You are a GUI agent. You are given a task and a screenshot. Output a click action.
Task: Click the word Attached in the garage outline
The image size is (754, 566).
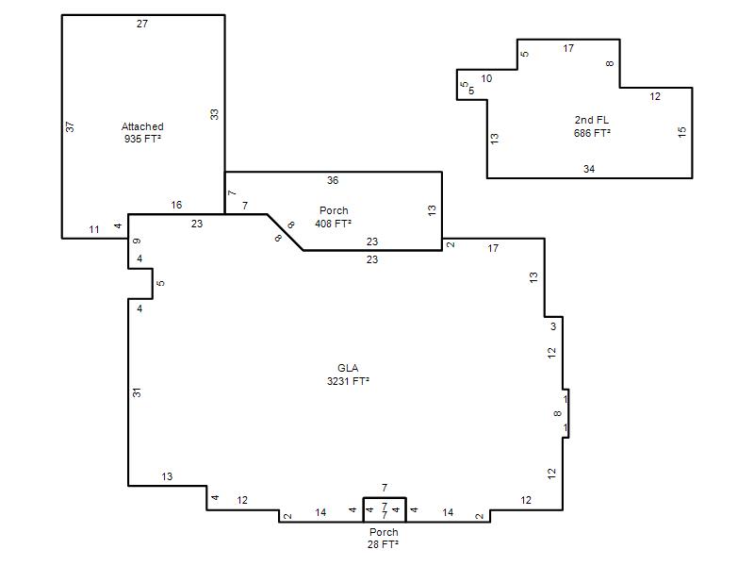[x=142, y=126]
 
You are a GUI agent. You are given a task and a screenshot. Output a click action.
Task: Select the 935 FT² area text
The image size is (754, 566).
[x=142, y=139]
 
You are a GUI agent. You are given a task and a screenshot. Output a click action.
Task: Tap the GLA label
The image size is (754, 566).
[x=348, y=368]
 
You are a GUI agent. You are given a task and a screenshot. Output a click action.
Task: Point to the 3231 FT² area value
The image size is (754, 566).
[x=348, y=381]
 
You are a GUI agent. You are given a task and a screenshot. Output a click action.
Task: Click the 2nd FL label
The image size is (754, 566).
[x=592, y=120]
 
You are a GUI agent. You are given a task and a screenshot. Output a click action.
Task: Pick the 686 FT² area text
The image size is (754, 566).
[x=592, y=133]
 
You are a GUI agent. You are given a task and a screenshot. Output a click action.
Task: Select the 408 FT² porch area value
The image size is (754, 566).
[x=334, y=224]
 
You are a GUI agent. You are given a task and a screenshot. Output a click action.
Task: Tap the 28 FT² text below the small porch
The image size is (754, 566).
[x=384, y=544]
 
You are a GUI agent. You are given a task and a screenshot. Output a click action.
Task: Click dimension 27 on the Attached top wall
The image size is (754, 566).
[x=142, y=24]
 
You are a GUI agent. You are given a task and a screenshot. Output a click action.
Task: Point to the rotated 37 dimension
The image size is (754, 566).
[x=70, y=126]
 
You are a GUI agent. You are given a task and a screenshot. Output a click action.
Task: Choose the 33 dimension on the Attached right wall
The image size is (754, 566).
[x=214, y=114]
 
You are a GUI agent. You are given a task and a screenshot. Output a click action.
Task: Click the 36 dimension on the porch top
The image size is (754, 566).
[x=333, y=180]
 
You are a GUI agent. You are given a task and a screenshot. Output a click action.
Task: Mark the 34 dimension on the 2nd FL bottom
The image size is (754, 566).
[x=589, y=169]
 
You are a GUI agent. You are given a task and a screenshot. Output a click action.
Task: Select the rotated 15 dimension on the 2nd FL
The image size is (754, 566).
[x=681, y=132]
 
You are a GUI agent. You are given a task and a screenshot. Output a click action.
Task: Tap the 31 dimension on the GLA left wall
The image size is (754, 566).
[x=137, y=392]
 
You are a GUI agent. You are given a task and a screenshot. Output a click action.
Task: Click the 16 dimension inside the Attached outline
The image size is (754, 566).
[x=176, y=205]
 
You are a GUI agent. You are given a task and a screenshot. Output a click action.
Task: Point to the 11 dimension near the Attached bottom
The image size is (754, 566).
[x=94, y=229]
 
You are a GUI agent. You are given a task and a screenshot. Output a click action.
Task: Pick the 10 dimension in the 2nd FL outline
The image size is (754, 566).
[x=486, y=78]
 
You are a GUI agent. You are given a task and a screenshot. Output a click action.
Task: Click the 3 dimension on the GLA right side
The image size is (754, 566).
[x=553, y=326]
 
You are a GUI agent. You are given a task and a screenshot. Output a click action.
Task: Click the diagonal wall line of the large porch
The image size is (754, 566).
[x=286, y=232]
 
